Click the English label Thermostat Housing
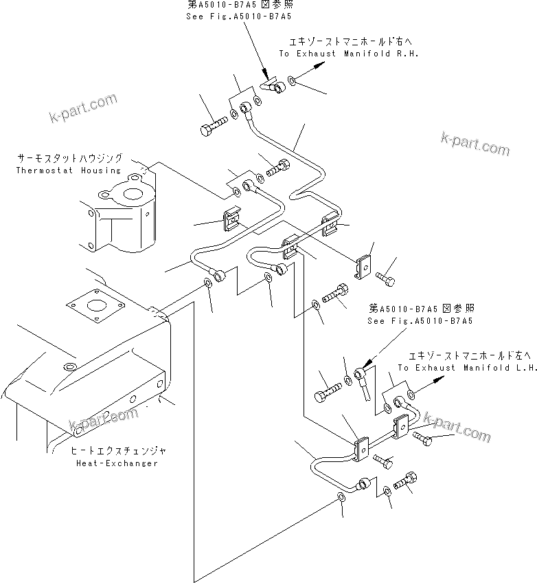(68, 170)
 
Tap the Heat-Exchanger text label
(116, 463)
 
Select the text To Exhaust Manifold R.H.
(348, 53)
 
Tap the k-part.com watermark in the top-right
(475, 144)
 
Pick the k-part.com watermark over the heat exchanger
(104, 419)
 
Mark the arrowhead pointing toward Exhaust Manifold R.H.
(319, 63)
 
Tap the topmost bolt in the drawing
(213, 129)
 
